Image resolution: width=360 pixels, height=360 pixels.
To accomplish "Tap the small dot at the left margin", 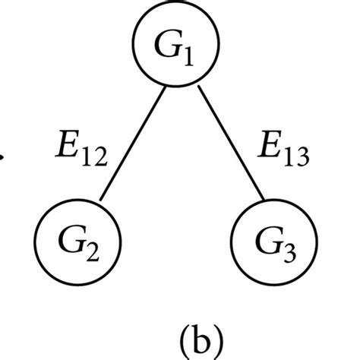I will [x=3, y=160].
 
